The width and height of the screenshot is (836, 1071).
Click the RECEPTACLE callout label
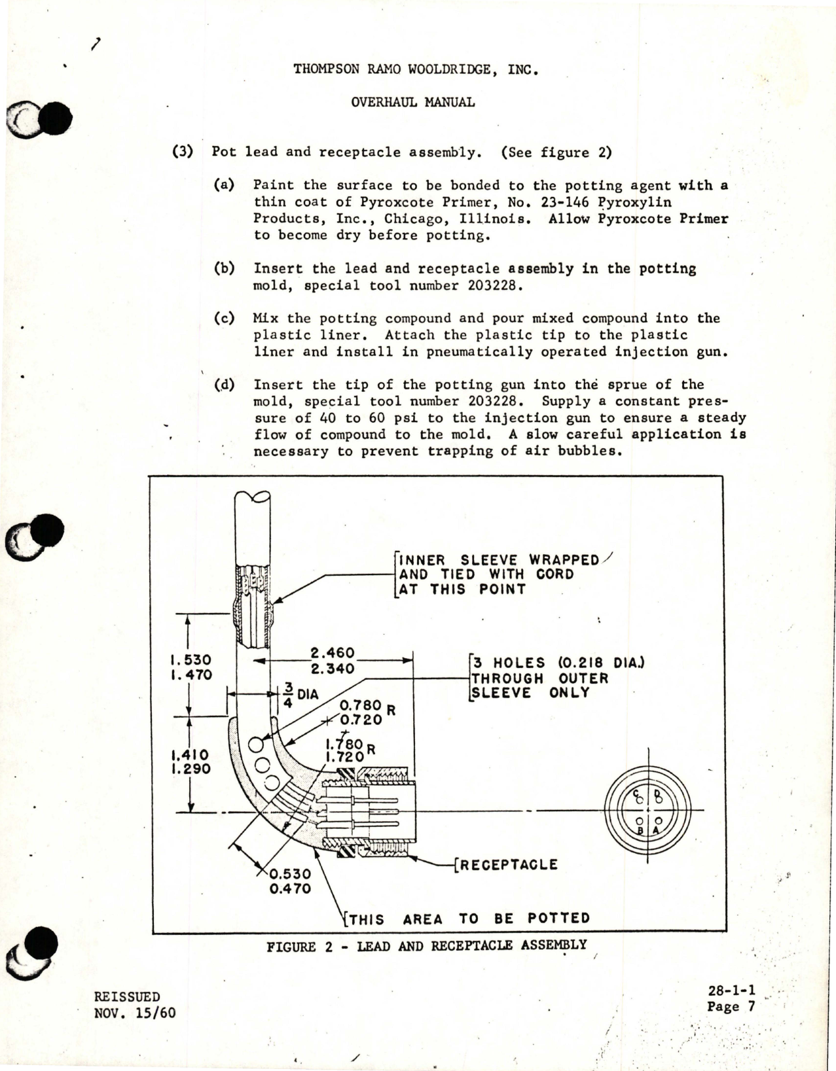click(507, 864)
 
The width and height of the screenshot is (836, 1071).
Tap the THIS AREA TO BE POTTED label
click(469, 919)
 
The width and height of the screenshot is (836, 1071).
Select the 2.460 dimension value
click(332, 653)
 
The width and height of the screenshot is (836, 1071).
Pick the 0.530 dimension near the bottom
click(289, 873)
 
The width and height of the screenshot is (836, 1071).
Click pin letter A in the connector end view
click(656, 830)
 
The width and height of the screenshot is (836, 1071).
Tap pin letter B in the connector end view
click(641, 830)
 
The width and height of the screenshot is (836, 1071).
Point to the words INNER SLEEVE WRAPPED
click(499, 560)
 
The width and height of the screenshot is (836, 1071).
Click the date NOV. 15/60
click(135, 1013)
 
